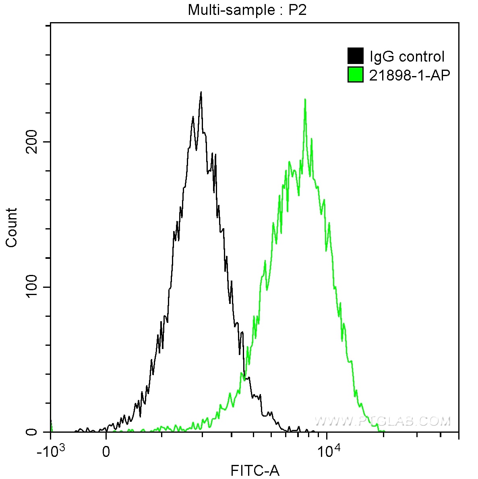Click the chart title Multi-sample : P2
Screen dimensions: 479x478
click(x=247, y=10)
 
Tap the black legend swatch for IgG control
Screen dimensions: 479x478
click(x=355, y=56)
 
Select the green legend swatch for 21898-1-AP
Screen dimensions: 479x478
click(x=355, y=74)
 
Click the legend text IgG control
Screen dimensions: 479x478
click(x=407, y=56)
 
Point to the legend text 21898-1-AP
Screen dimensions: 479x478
click(x=410, y=75)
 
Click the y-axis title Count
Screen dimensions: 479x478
click(x=11, y=227)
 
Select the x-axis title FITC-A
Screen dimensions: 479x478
click(x=255, y=470)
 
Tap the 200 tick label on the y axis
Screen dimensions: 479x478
click(x=31, y=142)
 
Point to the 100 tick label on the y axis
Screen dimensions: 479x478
click(x=31, y=287)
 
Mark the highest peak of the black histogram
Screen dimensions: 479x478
click(x=201, y=93)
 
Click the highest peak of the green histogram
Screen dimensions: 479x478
click(x=305, y=99)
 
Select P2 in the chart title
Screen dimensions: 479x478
click(x=297, y=10)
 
